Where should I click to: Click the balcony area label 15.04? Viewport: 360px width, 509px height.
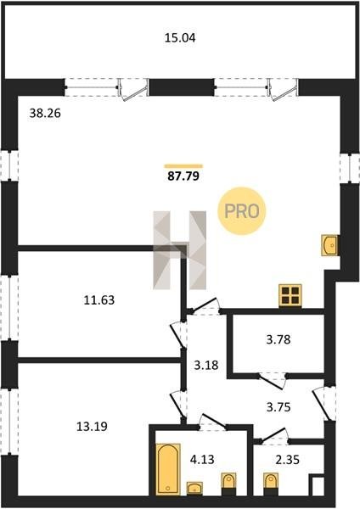[180, 38]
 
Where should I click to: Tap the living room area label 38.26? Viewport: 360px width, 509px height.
[45, 114]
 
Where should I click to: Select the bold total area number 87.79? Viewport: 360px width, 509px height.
[183, 176]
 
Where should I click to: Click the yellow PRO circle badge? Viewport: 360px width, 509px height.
[242, 211]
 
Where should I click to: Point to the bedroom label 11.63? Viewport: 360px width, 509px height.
[99, 300]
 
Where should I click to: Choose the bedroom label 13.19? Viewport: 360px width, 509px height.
[92, 426]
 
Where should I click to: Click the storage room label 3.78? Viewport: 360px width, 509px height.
[278, 340]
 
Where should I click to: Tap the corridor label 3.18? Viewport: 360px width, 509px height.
[206, 365]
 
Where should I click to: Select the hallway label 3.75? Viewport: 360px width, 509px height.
[278, 406]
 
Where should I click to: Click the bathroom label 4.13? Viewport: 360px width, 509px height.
[202, 459]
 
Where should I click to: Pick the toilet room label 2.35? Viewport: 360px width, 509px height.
[287, 459]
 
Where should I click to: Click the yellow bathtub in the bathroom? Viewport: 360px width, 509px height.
[168, 469]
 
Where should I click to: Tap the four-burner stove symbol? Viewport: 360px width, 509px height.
[290, 295]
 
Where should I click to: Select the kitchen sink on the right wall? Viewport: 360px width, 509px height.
[329, 245]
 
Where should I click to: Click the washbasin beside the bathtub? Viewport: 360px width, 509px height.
[194, 489]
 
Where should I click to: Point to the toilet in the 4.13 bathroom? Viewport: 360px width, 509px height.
[228, 484]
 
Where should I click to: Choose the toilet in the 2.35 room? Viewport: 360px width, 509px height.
[271, 484]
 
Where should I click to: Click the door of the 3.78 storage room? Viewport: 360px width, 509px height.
[273, 380]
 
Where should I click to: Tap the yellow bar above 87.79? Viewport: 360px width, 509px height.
[183, 166]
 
